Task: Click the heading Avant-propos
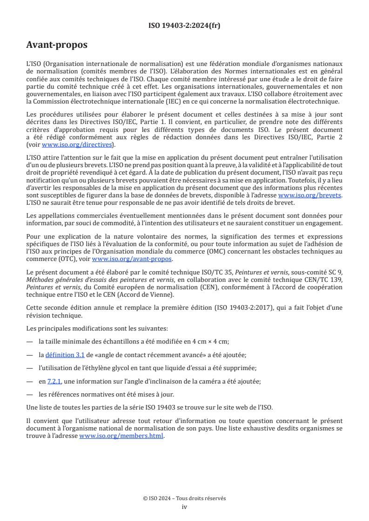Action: coord(57,45)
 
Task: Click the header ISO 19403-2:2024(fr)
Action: coord(184,26)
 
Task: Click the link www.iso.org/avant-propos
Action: coord(132,259)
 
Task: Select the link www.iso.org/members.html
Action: coord(121,436)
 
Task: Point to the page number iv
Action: coord(184,507)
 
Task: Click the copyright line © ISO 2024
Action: coord(184,498)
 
